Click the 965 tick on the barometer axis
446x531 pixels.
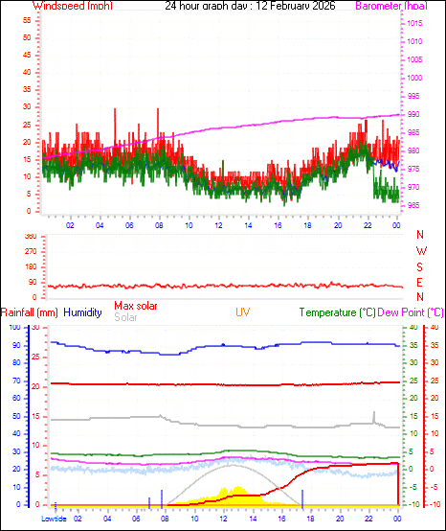[x=412, y=206]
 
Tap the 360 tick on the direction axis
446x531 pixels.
[x=29, y=236]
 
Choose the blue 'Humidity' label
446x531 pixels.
[x=82, y=312]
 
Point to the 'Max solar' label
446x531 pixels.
[x=135, y=306]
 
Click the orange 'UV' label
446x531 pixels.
[x=243, y=312]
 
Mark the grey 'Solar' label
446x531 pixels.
[x=125, y=317]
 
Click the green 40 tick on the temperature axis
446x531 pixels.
[x=409, y=328]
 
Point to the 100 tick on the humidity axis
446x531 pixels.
[x=13, y=328]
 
